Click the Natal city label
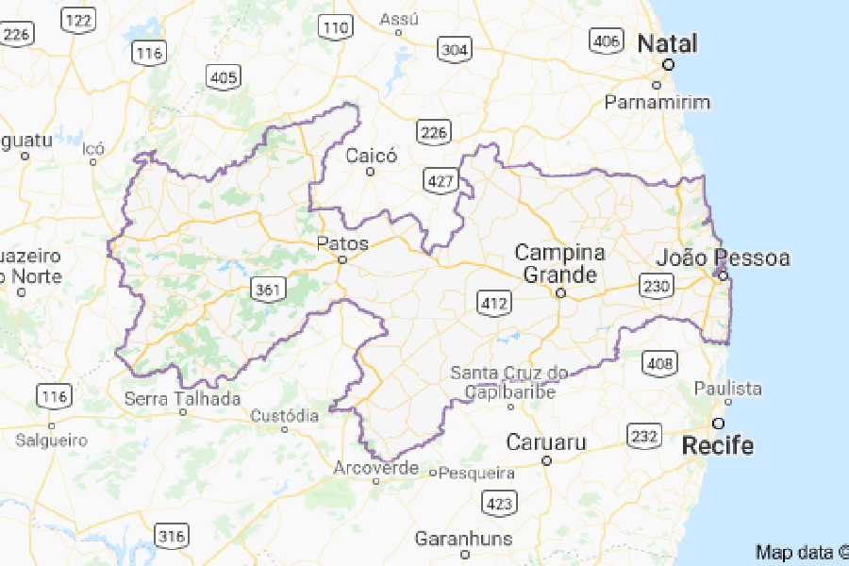(x=668, y=43)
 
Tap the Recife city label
(x=719, y=444)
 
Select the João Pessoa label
(x=723, y=258)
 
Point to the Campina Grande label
(x=559, y=264)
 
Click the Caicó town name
(x=372, y=156)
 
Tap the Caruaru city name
(x=546, y=441)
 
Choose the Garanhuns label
(x=463, y=539)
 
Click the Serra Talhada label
(x=183, y=399)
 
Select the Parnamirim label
(x=658, y=102)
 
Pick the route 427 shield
(x=440, y=180)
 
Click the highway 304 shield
(x=455, y=48)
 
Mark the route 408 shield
(x=657, y=361)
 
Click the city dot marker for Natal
(x=668, y=65)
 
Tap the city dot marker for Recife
(x=719, y=423)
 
